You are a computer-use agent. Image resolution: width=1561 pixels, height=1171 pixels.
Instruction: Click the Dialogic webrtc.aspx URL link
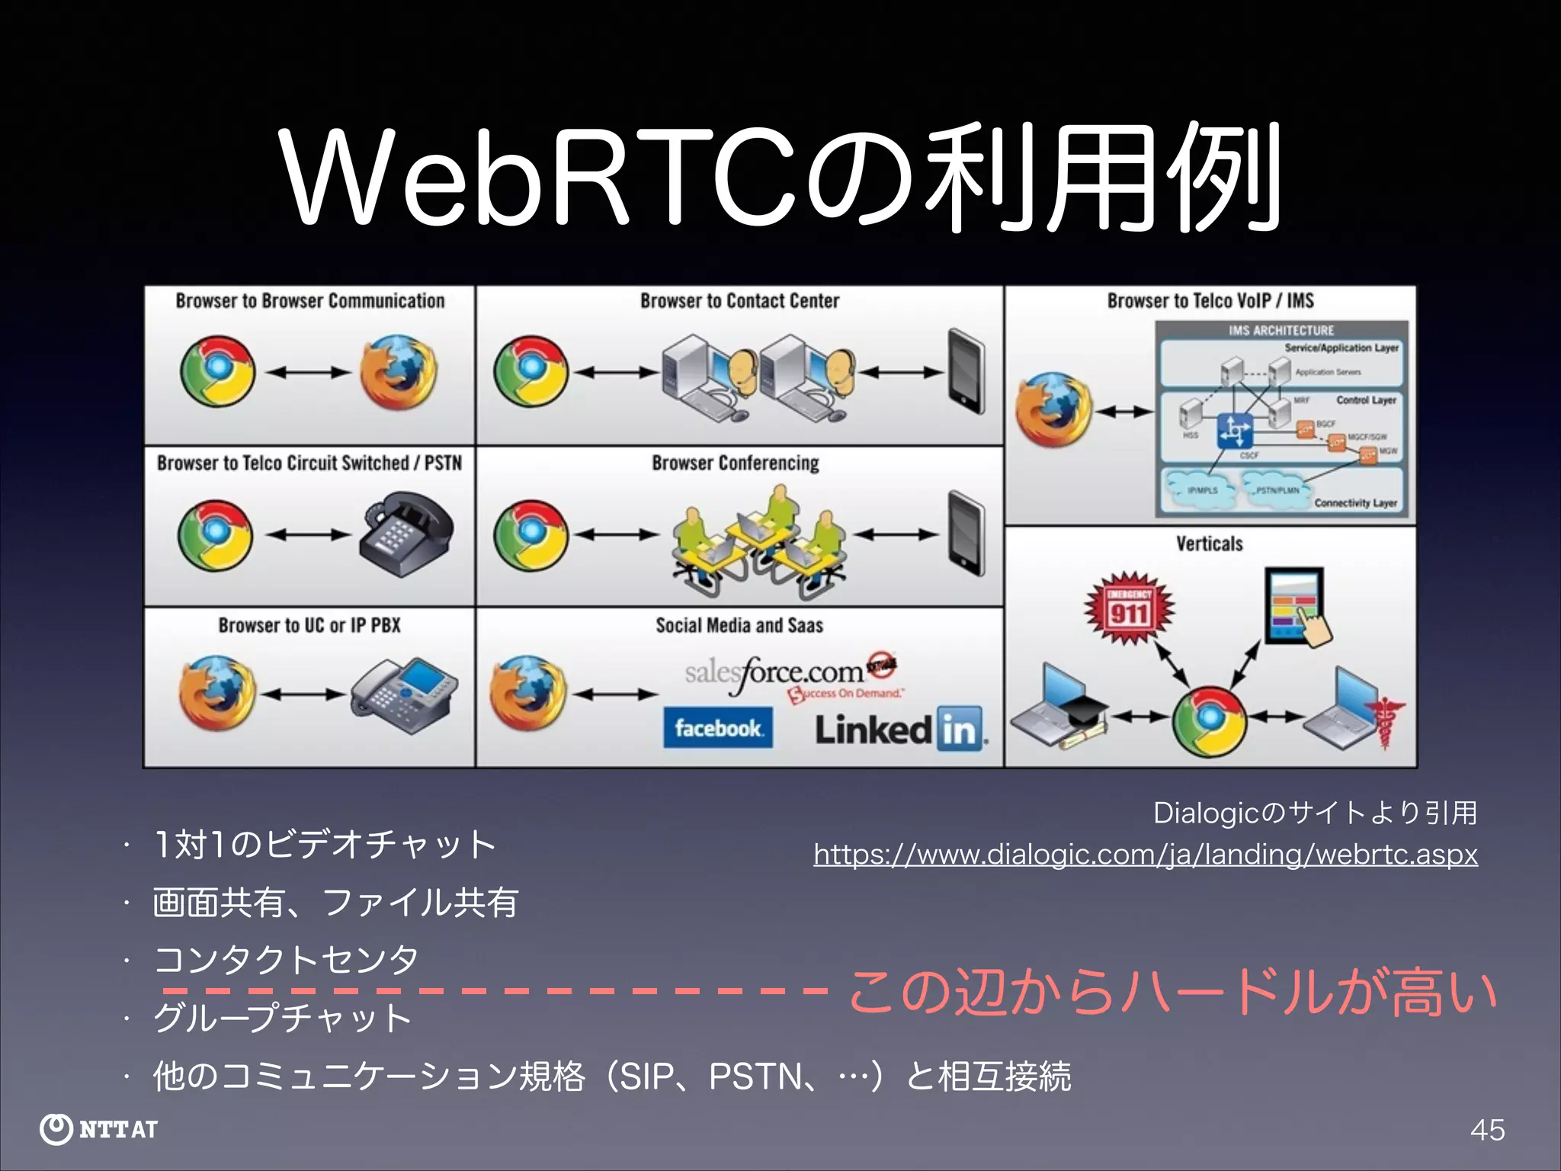(1145, 855)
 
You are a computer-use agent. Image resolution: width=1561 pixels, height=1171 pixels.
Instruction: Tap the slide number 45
(1487, 1129)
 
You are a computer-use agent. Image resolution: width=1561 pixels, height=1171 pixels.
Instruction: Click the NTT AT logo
(99, 1129)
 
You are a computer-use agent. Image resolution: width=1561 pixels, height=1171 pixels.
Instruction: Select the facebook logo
(717, 728)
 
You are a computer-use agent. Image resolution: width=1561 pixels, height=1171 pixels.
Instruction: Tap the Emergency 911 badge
(1129, 608)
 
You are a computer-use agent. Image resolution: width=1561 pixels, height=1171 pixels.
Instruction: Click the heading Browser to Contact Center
(739, 301)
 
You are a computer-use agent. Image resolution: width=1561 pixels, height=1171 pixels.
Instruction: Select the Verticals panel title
(1209, 544)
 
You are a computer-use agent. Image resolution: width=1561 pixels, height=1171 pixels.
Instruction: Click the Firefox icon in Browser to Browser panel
(398, 373)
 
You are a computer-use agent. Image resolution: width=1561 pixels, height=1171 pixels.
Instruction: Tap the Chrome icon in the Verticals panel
(1209, 720)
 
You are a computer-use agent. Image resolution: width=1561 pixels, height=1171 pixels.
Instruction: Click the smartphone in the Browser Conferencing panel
(966, 534)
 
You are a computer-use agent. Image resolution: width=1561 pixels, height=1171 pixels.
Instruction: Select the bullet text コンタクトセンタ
(286, 959)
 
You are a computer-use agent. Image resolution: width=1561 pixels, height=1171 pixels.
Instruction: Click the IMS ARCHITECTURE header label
(1281, 330)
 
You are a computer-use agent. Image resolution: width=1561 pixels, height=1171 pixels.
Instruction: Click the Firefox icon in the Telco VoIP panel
(1053, 411)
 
